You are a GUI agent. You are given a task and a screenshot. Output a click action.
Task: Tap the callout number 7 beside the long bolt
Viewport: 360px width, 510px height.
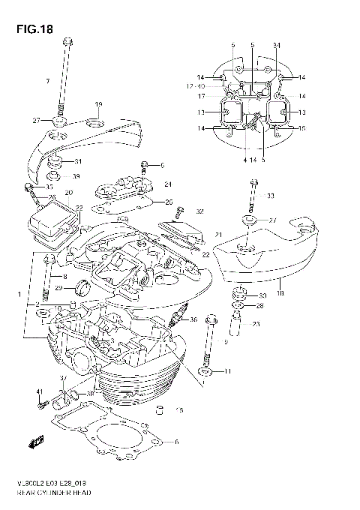[x=46, y=80]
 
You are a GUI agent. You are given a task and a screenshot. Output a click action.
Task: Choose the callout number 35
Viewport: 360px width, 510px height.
[x=49, y=187]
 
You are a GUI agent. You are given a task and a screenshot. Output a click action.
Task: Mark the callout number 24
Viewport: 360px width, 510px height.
[x=168, y=184]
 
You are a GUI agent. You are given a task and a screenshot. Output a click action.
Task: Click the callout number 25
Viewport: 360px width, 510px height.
[x=169, y=202]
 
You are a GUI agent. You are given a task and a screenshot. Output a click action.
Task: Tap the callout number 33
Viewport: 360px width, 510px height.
[x=271, y=196]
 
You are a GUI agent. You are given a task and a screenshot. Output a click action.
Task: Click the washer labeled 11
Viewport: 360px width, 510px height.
[x=205, y=371]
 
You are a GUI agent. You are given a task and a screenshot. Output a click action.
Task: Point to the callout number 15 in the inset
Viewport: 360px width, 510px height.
[x=302, y=128]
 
